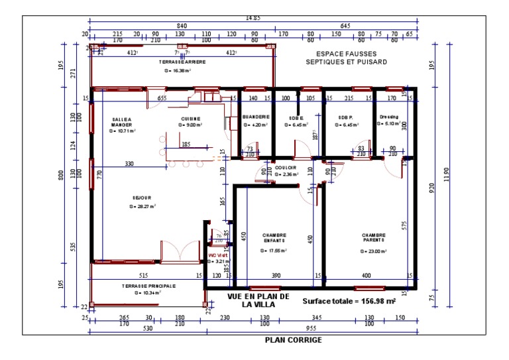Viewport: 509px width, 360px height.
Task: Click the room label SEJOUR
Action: click(x=141, y=198)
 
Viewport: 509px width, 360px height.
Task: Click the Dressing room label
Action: click(x=389, y=116)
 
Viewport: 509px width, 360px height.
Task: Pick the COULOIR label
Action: click(x=286, y=168)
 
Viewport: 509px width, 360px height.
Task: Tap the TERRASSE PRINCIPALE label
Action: click(x=148, y=286)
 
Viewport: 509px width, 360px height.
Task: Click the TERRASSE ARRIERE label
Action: click(x=182, y=62)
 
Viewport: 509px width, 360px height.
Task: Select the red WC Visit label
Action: click(x=217, y=255)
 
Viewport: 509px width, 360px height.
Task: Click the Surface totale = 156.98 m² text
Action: click(x=349, y=300)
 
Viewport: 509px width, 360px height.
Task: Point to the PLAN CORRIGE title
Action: click(x=293, y=340)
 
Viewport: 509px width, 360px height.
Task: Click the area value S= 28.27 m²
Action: click(x=142, y=206)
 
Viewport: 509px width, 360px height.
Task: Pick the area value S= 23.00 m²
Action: click(x=373, y=251)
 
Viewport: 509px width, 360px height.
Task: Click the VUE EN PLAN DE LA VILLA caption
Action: click(x=258, y=300)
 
